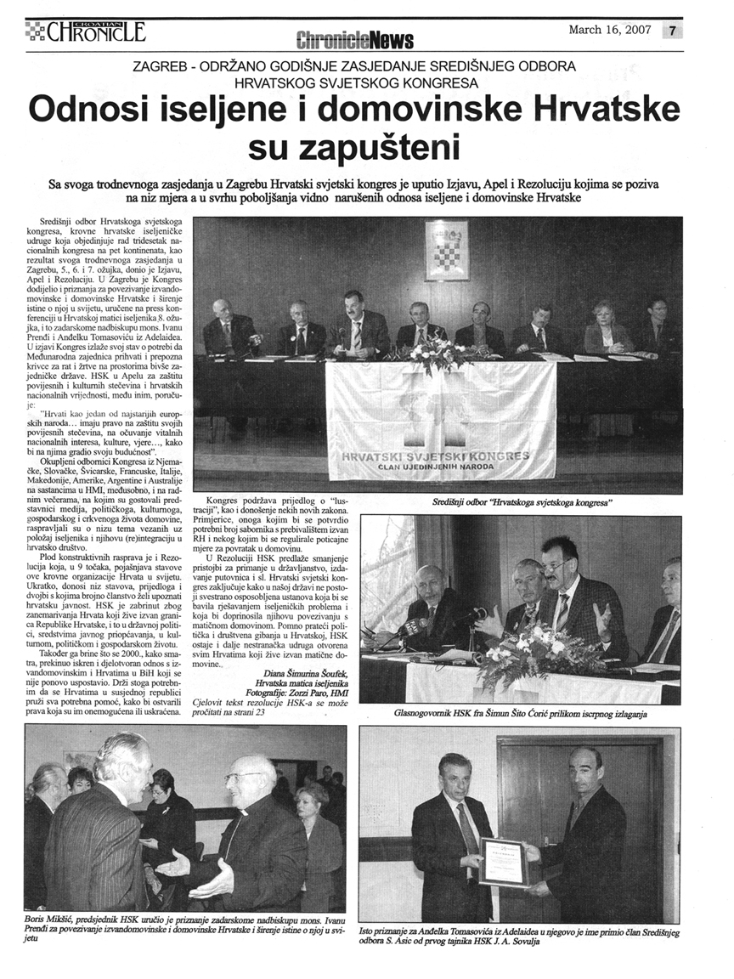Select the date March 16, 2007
tap(609, 30)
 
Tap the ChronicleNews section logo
tap(354, 39)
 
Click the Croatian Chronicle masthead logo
tap(85, 32)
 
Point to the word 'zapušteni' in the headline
tap(366, 148)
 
